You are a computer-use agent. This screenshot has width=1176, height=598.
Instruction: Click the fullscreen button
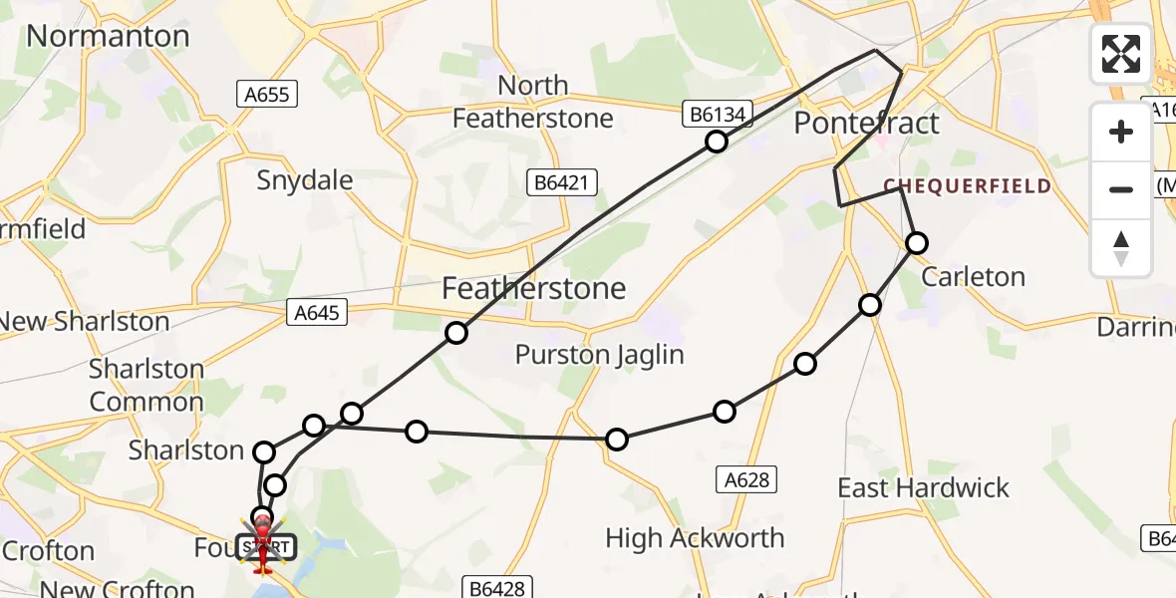[x=1121, y=54]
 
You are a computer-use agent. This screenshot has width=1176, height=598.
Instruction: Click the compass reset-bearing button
[x=1121, y=247]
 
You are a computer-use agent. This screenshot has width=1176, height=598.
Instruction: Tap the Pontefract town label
[x=866, y=124]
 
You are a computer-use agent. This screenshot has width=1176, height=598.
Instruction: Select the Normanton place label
[x=108, y=36]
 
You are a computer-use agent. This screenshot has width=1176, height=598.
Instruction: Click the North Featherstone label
[x=532, y=102]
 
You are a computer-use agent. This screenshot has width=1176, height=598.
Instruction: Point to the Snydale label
[x=305, y=180]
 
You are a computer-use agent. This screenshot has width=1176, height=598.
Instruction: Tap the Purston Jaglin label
[x=598, y=355]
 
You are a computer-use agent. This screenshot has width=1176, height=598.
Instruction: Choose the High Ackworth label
[x=695, y=539]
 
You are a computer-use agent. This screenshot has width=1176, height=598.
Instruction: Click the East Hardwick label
[x=923, y=488]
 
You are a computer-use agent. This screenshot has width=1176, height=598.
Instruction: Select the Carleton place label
[x=973, y=277]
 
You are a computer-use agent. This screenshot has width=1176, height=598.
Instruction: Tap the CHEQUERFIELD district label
[x=967, y=186]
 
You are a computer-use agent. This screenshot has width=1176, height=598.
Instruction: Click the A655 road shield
[x=268, y=95]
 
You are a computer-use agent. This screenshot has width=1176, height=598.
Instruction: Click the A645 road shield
[x=318, y=313]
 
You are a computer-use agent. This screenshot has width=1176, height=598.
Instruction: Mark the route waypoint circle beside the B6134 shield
[x=716, y=142]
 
